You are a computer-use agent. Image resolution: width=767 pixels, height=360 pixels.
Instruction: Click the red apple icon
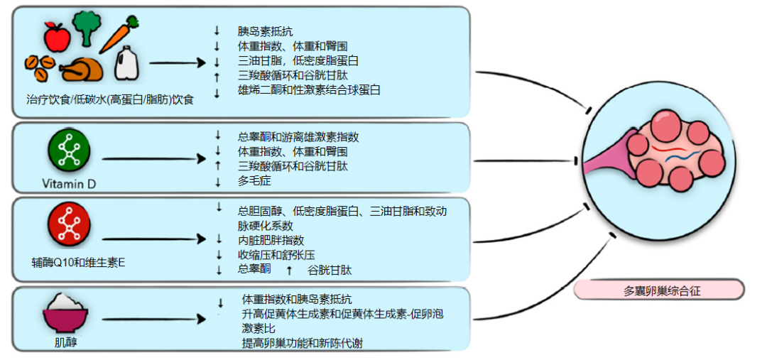(57, 33)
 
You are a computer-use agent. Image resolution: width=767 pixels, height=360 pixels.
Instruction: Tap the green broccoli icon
(87, 27)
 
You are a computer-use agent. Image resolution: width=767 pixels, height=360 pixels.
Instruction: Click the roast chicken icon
(83, 68)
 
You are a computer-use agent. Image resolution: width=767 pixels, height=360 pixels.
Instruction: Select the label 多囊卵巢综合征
(658, 290)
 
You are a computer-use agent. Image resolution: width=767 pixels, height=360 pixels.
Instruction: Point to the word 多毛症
(251, 182)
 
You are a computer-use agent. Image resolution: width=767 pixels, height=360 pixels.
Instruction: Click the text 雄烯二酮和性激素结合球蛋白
(309, 89)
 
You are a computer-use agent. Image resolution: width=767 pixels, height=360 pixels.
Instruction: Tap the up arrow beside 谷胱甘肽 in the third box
(289, 271)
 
